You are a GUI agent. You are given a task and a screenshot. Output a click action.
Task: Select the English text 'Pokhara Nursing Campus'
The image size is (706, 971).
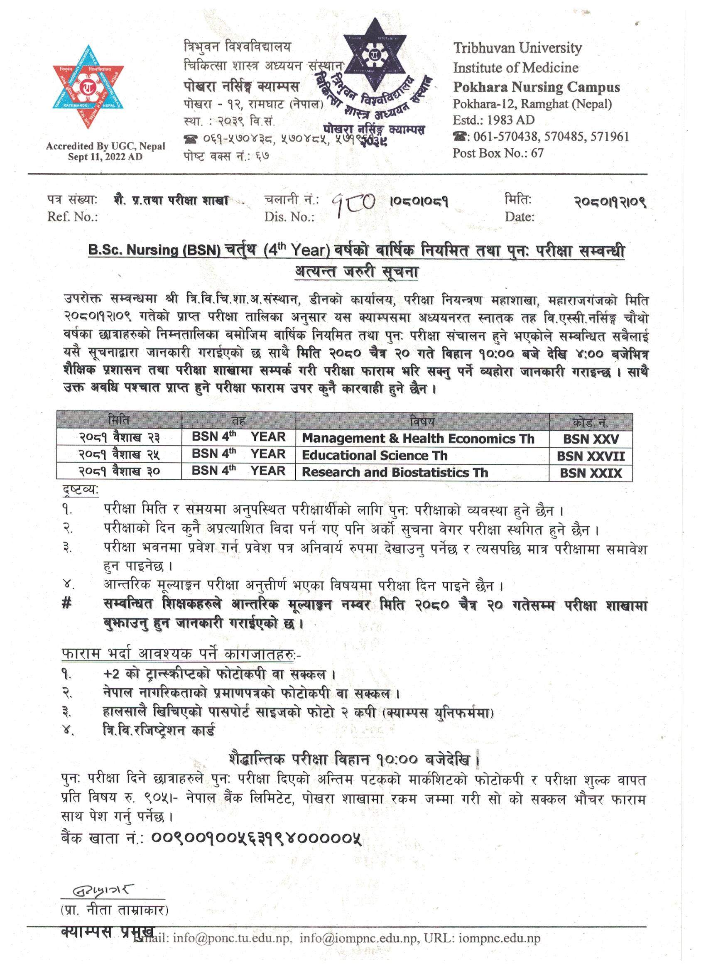tap(536, 87)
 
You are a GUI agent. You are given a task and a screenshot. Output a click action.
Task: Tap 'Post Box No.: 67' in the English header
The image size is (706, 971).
tap(498, 153)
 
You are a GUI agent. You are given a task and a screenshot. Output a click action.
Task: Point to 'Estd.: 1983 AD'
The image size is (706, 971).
tap(493, 120)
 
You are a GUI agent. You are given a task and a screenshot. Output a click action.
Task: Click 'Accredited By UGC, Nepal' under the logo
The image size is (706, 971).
tap(105, 147)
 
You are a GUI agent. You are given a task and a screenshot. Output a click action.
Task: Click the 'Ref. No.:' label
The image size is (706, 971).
tap(72, 217)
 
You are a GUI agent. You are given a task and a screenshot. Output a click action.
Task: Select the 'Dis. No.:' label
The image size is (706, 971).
tap(289, 217)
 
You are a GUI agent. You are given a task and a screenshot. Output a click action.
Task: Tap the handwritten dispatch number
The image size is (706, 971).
tap(354, 204)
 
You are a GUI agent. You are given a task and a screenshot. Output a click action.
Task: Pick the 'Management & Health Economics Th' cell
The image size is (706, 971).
tap(418, 439)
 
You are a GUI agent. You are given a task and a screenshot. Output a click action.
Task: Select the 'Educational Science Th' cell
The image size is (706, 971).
tap(375, 456)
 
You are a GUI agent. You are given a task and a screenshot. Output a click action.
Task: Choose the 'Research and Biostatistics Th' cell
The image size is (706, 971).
tap(395, 473)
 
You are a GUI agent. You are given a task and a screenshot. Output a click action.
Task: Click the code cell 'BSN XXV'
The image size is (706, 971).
tap(591, 439)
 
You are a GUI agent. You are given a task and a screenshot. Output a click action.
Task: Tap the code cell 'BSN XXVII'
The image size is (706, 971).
tap(591, 456)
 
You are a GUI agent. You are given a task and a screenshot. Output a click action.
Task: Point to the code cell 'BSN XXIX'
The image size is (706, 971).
tap(591, 473)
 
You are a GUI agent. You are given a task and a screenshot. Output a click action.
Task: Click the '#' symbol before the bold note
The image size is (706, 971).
tap(66, 605)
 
